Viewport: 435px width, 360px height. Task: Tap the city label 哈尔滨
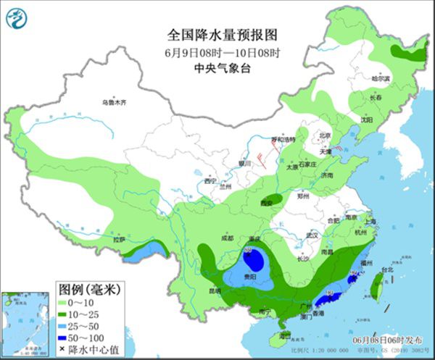pyautogui.click(x=381, y=78)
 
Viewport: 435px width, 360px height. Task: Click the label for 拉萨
pyautogui.click(x=120, y=238)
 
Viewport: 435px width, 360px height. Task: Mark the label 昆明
pyautogui.click(x=215, y=290)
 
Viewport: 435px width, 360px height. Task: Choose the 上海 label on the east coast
pyautogui.click(x=370, y=222)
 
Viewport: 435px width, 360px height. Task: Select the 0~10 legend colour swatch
pyautogui.click(x=63, y=303)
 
